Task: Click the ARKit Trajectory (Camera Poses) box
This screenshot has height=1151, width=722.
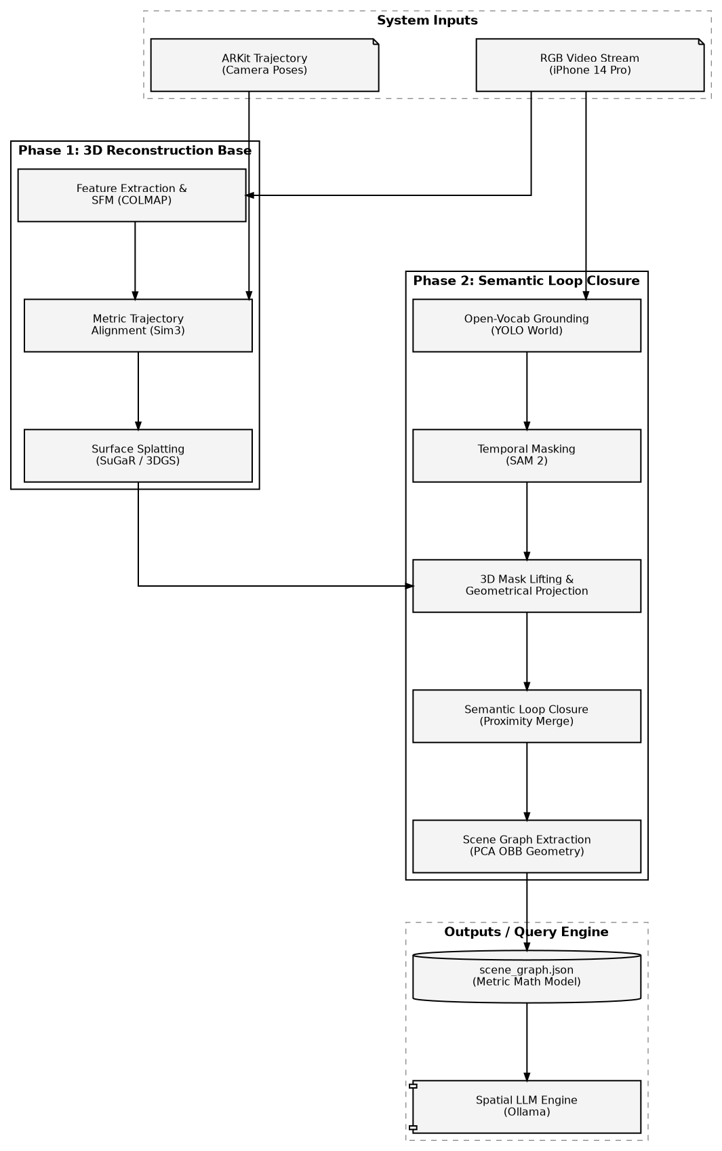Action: [x=264, y=65]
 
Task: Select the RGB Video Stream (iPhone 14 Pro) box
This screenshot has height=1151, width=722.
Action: [x=589, y=65]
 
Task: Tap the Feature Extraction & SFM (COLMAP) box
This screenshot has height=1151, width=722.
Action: [x=131, y=195]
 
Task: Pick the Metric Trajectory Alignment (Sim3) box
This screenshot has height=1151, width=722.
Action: [x=138, y=326]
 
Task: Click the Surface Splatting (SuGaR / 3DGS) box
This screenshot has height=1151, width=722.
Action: [x=138, y=456]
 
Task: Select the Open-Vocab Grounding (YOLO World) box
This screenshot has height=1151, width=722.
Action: [x=526, y=326]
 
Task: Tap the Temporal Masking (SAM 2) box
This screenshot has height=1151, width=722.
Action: [x=526, y=456]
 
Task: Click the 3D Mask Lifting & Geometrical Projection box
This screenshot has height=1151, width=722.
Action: [x=526, y=586]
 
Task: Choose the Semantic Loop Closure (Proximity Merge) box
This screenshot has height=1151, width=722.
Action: [x=526, y=716]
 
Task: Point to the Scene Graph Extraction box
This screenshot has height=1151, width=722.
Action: [x=526, y=846]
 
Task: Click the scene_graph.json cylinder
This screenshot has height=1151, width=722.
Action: [x=526, y=977]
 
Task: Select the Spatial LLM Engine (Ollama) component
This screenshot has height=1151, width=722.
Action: [x=526, y=1107]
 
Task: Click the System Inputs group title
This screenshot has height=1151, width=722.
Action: [x=427, y=20]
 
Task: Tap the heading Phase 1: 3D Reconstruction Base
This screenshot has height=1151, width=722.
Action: [x=135, y=151]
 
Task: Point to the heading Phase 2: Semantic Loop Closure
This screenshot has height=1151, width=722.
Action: [x=526, y=281]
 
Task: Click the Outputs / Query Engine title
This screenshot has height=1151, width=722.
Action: [x=526, y=932]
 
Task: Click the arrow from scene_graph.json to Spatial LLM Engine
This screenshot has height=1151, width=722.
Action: [x=527, y=1041]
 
